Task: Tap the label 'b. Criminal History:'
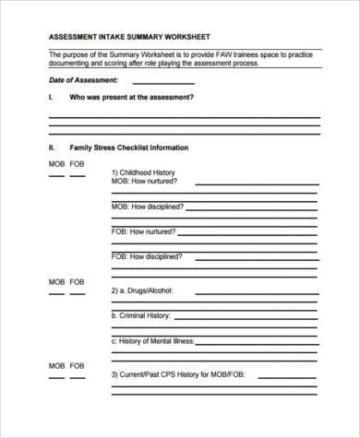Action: click(141, 315)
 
